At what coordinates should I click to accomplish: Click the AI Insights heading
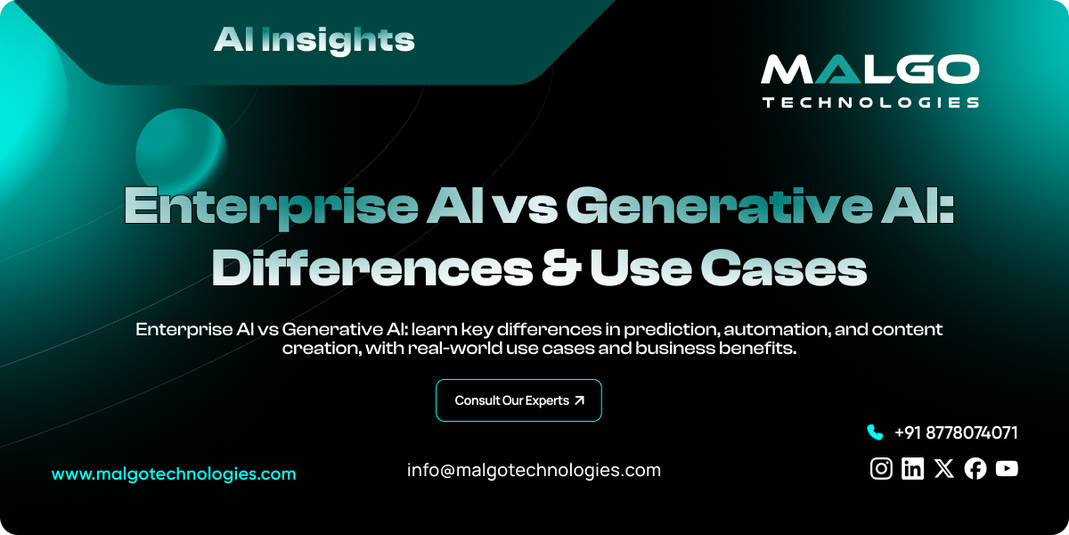click(x=314, y=39)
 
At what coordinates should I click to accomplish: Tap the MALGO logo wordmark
click(x=869, y=71)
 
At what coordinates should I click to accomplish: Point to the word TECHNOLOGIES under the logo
click(x=869, y=103)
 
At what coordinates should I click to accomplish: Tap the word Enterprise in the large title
click(x=270, y=207)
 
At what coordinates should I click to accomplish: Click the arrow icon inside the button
click(x=580, y=400)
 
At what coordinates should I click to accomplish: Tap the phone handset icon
click(x=874, y=432)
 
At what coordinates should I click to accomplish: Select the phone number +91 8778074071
click(x=956, y=432)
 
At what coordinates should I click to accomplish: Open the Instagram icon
click(x=881, y=468)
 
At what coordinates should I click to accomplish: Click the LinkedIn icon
click(x=912, y=468)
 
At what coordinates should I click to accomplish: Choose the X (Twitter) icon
click(x=944, y=468)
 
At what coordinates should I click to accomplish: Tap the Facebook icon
click(x=975, y=468)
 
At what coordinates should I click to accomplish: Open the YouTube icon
click(x=1007, y=468)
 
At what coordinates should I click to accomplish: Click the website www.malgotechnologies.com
click(x=174, y=474)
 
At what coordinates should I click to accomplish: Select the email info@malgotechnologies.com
click(x=534, y=470)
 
